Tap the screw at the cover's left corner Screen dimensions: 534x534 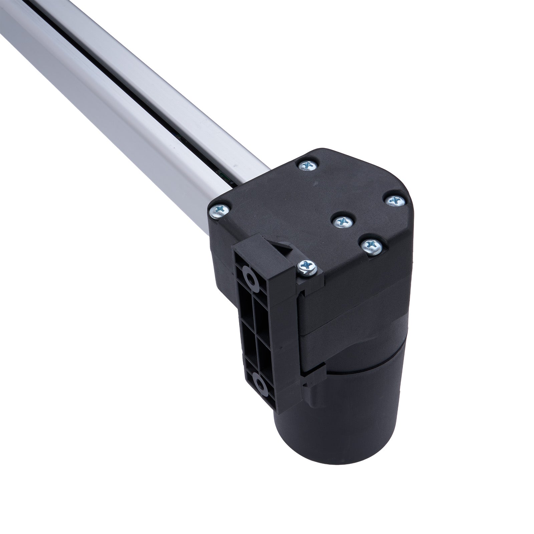pos(219,211)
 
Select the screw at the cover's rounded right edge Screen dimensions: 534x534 pos(396,200)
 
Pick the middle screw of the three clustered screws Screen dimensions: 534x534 pos(343,221)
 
